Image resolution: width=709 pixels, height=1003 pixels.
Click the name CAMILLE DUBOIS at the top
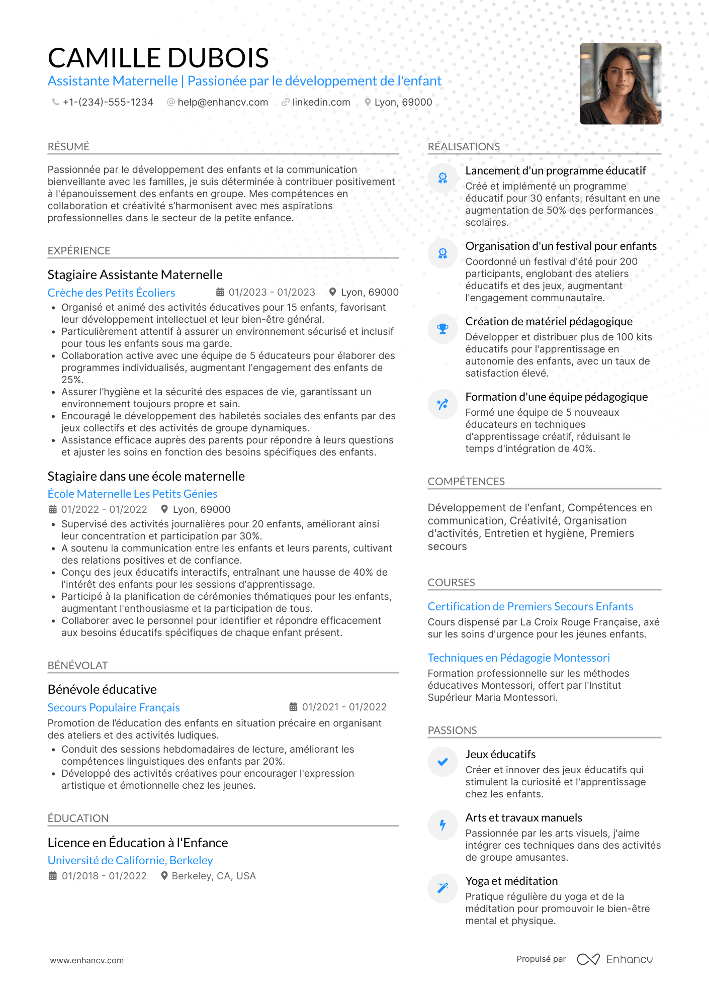point(158,58)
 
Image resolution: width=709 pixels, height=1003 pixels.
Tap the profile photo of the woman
point(620,84)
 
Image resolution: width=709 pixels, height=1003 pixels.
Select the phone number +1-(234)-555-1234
point(108,103)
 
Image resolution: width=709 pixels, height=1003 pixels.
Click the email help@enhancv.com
point(223,103)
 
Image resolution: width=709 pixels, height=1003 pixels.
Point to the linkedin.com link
point(321,103)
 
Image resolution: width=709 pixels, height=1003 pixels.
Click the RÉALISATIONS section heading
point(464,147)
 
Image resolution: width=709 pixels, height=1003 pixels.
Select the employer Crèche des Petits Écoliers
point(111,293)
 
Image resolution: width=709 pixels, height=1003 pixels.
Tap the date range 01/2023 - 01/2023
point(272,293)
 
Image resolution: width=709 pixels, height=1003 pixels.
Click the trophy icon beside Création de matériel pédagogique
point(442,329)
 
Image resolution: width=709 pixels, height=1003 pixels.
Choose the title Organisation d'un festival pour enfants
point(561,246)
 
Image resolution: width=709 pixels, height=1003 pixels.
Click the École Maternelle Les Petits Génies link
point(132,494)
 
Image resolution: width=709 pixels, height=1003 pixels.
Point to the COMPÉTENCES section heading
point(466,482)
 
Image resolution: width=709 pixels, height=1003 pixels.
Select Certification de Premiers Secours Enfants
point(530,606)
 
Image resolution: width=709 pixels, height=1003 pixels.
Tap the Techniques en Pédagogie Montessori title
point(518,658)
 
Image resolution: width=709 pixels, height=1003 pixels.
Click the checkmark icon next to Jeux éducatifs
point(442,762)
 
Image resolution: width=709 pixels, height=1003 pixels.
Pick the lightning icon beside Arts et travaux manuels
point(442,825)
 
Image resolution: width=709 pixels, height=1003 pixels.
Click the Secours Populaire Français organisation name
point(114,707)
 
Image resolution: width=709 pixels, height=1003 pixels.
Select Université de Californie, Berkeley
point(130,860)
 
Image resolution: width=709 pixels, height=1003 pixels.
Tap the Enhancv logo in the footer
point(614,959)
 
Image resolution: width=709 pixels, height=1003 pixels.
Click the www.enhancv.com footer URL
point(86,960)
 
